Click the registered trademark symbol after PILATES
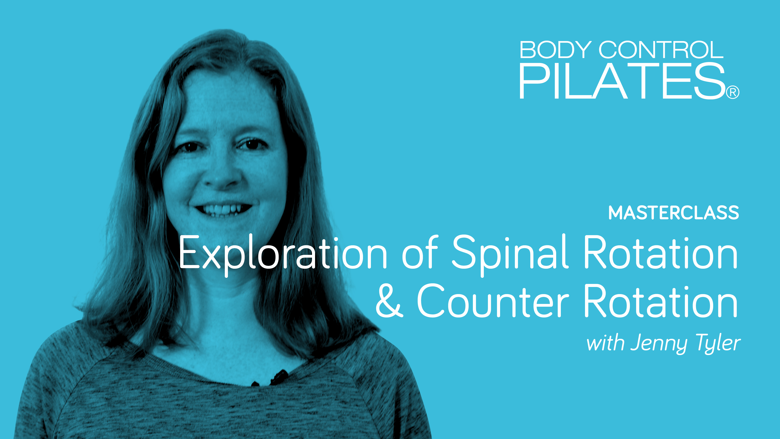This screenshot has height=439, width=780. (733, 92)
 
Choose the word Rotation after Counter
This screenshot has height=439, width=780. (660, 301)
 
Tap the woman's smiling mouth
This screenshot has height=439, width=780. (223, 209)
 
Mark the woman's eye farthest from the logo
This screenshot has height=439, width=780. (190, 147)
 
